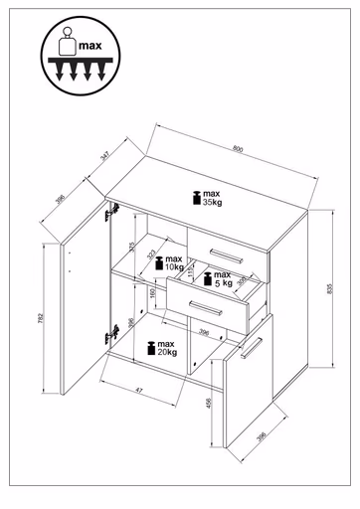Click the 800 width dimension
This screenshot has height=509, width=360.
[237, 149]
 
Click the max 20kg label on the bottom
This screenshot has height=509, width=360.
[162, 348]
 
